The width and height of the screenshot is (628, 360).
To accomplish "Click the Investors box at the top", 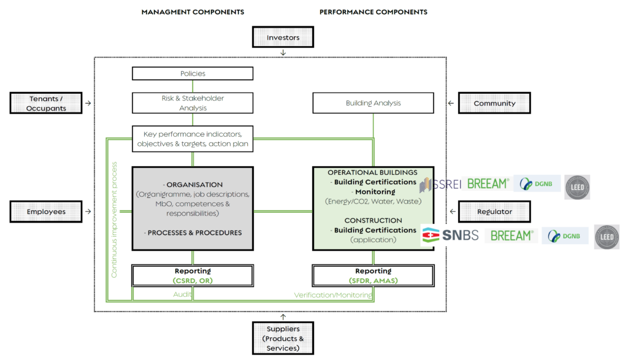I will tap(283, 37).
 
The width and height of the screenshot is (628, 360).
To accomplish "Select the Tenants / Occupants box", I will tap(47, 104).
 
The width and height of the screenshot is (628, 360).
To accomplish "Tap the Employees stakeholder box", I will tap(46, 212).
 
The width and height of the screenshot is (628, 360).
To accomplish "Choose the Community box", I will tap(494, 104).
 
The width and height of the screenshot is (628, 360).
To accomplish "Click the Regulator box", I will tap(494, 212).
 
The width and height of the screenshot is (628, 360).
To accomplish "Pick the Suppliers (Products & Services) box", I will tap(283, 339).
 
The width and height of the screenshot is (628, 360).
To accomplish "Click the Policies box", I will tap(193, 74).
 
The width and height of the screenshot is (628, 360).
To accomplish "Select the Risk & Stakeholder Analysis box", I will tap(193, 103).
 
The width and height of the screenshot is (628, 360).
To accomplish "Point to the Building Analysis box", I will tap(373, 103).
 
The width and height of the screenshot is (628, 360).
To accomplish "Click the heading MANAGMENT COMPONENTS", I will tap(193, 12).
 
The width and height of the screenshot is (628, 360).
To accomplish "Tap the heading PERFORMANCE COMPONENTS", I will tap(373, 12).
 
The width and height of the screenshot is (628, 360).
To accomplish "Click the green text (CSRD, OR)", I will tap(193, 280).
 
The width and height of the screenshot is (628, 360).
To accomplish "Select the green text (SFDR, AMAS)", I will tap(373, 280).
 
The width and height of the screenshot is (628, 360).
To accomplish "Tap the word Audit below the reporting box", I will tap(183, 294).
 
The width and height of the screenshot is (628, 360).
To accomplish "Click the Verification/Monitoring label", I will tap(332, 295).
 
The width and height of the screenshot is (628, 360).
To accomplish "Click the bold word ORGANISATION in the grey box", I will tap(194, 185).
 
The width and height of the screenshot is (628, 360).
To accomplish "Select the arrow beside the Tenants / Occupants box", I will tap(88, 104).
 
